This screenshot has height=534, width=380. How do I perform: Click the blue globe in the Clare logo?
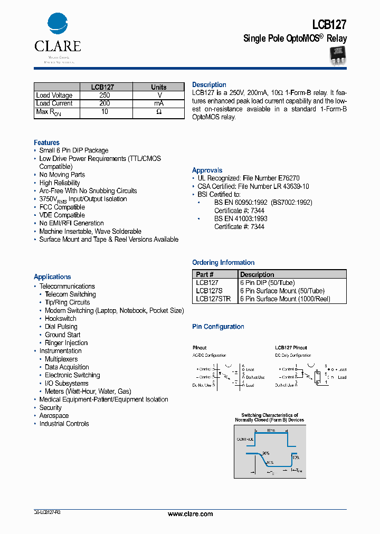pyautogui.click(x=58, y=24)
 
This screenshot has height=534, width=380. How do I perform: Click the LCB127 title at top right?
pyautogui.click(x=329, y=24)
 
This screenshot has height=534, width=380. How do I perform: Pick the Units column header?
pyautogui.click(x=158, y=87)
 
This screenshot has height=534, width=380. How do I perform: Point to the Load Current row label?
pyautogui.click(x=54, y=104)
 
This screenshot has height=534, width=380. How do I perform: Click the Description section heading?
pyautogui.click(x=209, y=85)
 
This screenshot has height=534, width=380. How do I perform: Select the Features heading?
pyautogui.click(x=46, y=142)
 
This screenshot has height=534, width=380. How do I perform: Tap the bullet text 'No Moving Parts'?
pyautogui.click(x=62, y=175)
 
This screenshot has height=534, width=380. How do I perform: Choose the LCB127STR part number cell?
pyautogui.click(x=213, y=299)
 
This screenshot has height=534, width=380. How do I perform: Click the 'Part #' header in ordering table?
pyautogui.click(x=205, y=274)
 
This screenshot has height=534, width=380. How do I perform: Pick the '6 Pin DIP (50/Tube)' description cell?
pyautogui.click(x=267, y=283)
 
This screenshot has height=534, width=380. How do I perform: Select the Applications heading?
pyautogui.click(x=52, y=276)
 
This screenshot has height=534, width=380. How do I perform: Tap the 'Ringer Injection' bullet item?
pyautogui.click(x=66, y=343)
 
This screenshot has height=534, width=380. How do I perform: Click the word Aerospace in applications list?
pyautogui.click(x=54, y=416)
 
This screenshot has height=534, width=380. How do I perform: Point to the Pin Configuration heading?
pyautogui.click(x=218, y=327)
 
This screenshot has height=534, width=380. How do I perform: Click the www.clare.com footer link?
pyautogui.click(x=190, y=514)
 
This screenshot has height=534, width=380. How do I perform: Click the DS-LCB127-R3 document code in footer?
pyautogui.click(x=47, y=513)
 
